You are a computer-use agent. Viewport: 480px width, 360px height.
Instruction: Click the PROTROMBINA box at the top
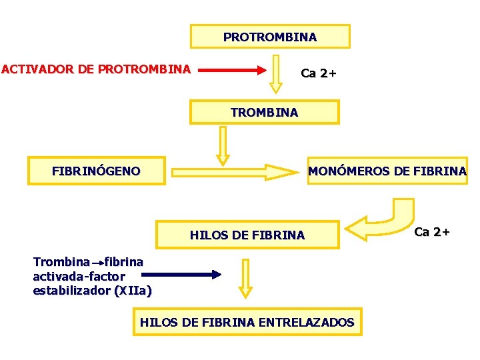[270, 37]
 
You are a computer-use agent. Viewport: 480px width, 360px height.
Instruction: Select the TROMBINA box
[264, 112]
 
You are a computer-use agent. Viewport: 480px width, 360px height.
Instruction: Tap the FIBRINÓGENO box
[96, 171]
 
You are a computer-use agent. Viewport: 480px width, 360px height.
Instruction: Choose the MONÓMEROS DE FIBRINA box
[387, 171]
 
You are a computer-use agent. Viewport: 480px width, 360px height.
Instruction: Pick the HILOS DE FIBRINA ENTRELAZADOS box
[247, 323]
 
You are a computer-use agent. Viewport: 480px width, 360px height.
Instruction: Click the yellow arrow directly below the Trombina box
[223, 145]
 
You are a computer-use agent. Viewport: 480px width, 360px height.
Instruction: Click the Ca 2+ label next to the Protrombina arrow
[319, 73]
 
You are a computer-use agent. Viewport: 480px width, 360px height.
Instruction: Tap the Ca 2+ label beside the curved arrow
[432, 232]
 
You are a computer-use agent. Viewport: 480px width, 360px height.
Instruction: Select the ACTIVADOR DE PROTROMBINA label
[96, 69]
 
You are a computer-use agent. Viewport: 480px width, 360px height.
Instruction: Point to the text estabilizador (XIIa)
[92, 291]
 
